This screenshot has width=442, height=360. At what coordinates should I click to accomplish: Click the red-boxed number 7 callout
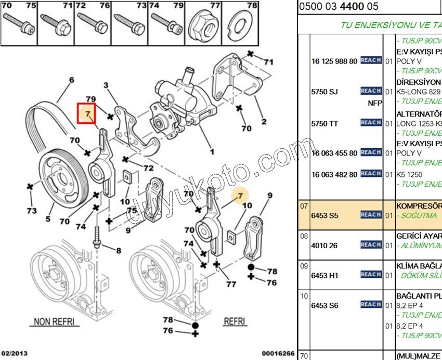88,113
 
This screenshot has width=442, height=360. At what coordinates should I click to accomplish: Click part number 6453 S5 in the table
324,214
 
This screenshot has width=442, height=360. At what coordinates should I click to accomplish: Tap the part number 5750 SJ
324,92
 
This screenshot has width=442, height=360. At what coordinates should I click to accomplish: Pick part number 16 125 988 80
334,61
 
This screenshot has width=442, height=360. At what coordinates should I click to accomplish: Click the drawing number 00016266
278,354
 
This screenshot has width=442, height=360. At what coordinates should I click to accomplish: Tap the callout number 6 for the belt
71,80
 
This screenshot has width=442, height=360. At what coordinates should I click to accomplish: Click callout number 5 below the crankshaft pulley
48,219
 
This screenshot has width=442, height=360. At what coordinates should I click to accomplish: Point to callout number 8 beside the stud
118,250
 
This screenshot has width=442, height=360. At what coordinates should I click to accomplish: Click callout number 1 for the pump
212,152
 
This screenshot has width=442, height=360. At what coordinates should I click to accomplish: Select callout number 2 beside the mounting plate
264,122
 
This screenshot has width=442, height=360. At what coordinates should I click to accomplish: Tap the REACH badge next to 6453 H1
371,274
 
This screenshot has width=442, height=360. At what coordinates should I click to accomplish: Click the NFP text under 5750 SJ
374,103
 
